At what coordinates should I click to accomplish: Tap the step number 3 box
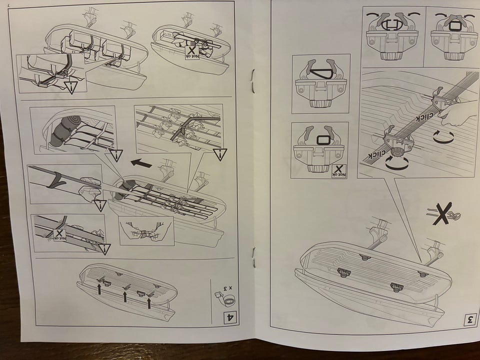[469, 319]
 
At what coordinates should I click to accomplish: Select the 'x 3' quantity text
[227, 288]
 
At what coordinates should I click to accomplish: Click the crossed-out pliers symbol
[443, 213]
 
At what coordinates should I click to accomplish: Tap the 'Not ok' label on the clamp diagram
[338, 171]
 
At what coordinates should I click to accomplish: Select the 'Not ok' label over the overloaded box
[192, 53]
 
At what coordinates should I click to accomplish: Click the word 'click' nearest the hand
[424, 117]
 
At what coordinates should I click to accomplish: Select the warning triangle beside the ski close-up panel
[100, 205]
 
